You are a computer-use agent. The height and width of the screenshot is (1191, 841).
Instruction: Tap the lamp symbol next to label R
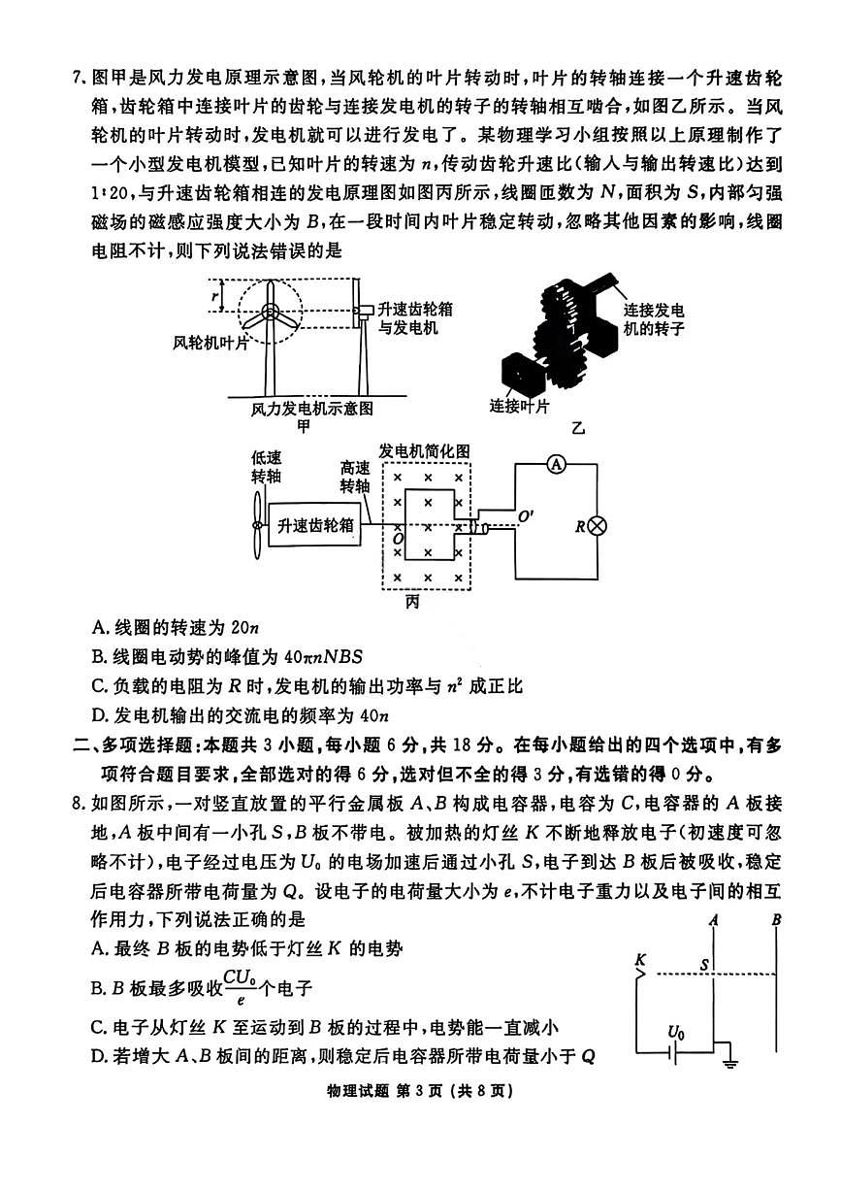[x=598, y=526]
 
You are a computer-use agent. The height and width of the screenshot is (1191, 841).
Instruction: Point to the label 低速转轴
[x=266, y=467]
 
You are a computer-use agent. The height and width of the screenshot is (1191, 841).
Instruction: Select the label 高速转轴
[x=354, y=478]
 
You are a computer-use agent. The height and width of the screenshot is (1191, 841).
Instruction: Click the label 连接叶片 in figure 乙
[x=520, y=405]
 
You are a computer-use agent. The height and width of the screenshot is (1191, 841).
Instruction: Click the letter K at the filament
[x=640, y=960]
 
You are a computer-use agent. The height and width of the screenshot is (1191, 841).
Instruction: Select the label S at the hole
[x=705, y=966]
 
